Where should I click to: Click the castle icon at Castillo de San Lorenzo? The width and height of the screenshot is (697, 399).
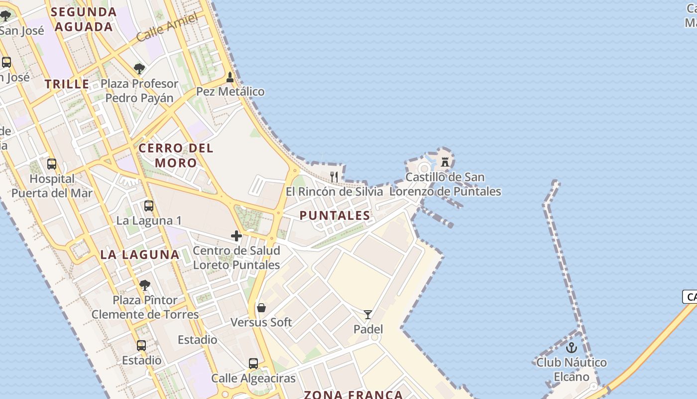(x=445, y=162)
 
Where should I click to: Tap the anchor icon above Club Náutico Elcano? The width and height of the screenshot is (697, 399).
(x=572, y=348)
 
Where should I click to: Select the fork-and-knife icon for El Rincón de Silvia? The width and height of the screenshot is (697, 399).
(x=334, y=177)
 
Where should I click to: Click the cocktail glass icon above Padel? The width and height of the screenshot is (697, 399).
(x=368, y=315)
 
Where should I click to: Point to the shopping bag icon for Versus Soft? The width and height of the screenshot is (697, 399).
(x=261, y=308)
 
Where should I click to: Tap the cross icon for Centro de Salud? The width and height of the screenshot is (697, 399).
(x=236, y=236)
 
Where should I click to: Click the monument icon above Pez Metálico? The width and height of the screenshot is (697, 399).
(x=230, y=77)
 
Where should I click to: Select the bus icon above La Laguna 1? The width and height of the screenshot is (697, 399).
(x=148, y=206)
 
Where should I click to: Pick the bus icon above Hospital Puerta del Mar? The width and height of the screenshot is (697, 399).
(x=52, y=164)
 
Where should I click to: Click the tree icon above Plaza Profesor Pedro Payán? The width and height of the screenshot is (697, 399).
(x=139, y=69)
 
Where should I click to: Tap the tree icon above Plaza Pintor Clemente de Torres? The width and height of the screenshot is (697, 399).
(x=145, y=285)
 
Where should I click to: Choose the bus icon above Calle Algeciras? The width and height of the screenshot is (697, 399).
(x=253, y=364)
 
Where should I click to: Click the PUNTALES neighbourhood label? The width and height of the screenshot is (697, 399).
(x=335, y=215)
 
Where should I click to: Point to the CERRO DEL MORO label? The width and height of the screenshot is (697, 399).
(x=176, y=155)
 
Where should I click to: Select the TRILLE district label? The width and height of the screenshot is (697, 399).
(x=67, y=84)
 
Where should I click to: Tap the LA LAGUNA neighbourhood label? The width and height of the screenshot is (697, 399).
(x=140, y=254)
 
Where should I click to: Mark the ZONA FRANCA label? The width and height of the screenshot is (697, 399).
(x=353, y=395)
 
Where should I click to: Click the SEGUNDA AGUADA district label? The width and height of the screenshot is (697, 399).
(x=84, y=19)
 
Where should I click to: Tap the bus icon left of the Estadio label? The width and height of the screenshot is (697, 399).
(x=141, y=346)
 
